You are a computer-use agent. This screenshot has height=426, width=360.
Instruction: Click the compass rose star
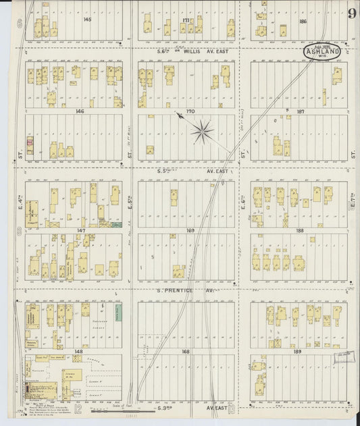tap(201, 132)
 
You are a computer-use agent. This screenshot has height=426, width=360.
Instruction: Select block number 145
tap(87, 20)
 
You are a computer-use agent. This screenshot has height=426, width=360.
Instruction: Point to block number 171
tap(185, 20)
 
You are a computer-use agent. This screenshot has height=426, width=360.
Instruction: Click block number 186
tap(303, 21)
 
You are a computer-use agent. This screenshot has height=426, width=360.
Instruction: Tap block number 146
tap(81, 111)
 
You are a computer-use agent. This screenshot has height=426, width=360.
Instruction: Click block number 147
tap(81, 230)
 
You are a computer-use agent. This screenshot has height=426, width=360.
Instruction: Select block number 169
tap(190, 230)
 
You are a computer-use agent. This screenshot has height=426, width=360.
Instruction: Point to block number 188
tap(300, 230)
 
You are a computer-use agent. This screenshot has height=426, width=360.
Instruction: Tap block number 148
tap(79, 350)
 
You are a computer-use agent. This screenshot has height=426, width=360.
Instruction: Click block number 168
tap(186, 350)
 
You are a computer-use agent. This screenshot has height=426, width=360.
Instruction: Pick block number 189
tap(300, 350)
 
